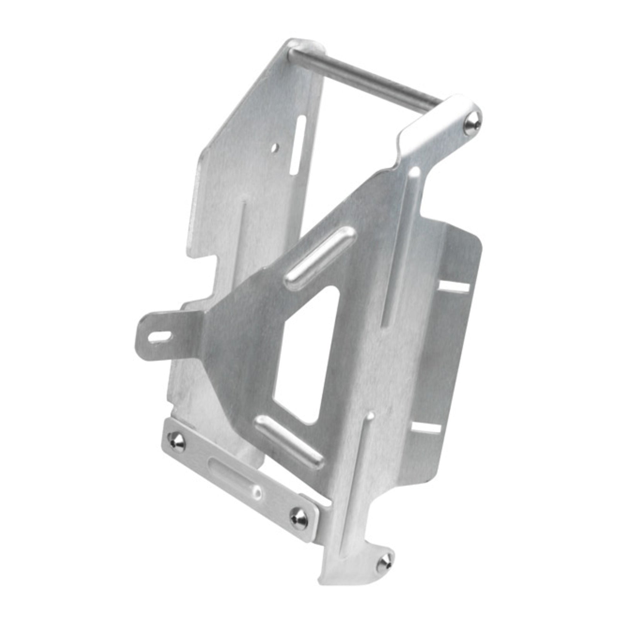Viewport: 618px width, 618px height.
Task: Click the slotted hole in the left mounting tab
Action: pos(160,336)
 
